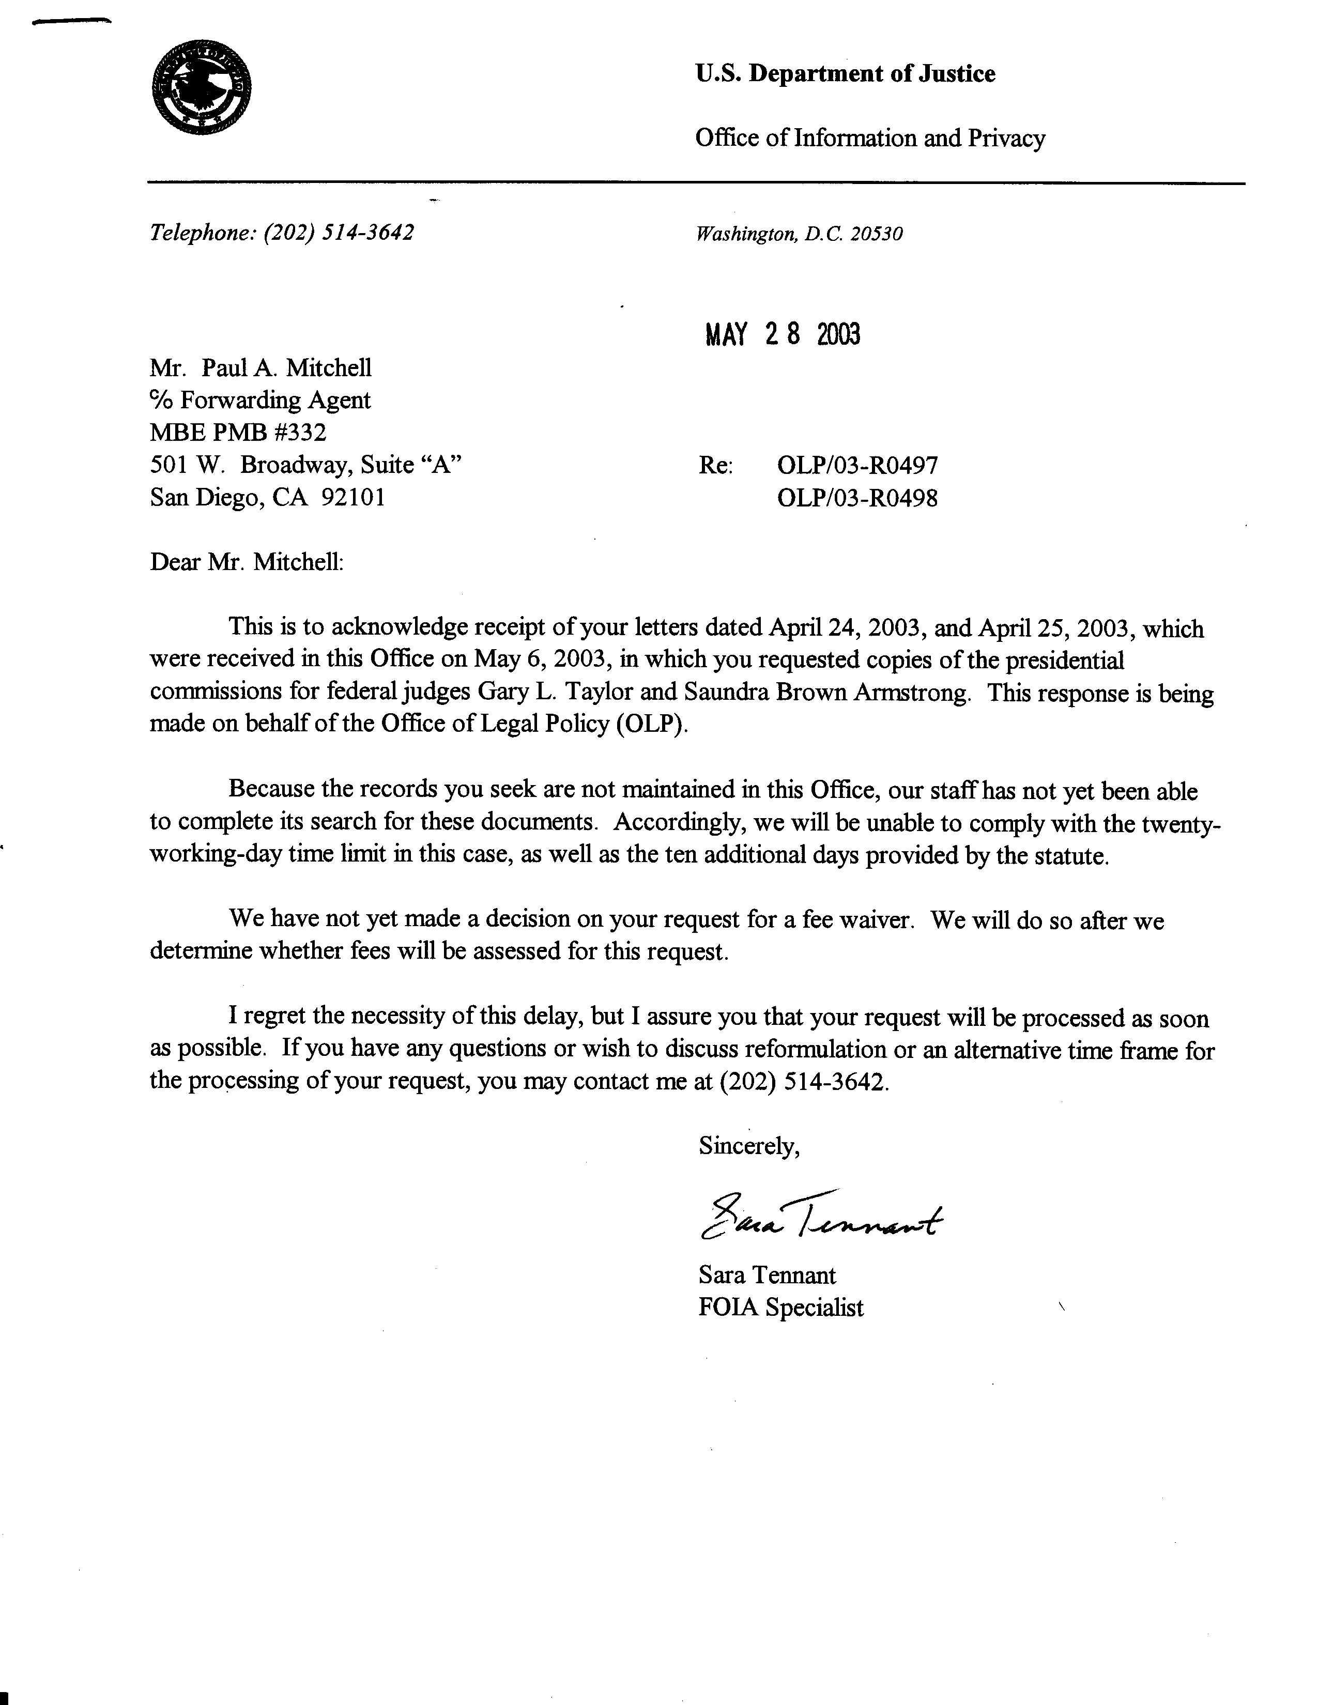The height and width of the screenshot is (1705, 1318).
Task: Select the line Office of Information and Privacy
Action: coord(870,138)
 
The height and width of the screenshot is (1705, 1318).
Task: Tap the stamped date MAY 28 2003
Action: coord(783,334)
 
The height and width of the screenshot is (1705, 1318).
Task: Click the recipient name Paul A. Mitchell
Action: coord(286,367)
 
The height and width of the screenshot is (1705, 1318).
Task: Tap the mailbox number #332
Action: coord(301,432)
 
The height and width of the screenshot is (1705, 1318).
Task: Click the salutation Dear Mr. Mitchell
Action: coord(247,562)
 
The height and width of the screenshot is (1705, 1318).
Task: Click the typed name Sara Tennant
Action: coord(767,1275)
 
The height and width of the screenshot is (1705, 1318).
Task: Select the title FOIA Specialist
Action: coord(781,1307)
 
